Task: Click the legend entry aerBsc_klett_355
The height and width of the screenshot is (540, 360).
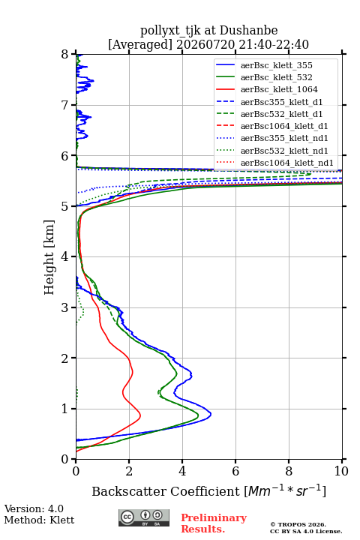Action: (x=276, y=65)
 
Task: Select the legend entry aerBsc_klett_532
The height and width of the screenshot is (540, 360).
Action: (x=276, y=77)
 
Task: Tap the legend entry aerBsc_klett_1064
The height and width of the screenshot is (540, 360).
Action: (x=279, y=89)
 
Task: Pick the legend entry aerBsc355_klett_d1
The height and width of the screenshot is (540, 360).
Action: (x=281, y=102)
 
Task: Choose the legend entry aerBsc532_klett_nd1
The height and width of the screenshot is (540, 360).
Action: (x=284, y=151)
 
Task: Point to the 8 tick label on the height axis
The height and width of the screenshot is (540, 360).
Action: (x=65, y=55)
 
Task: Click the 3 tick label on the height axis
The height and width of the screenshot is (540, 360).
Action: (x=65, y=307)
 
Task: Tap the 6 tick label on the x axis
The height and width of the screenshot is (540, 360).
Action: (x=235, y=471)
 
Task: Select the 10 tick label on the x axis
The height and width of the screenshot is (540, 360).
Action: (x=341, y=471)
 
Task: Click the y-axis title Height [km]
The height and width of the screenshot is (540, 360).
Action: (x=49, y=257)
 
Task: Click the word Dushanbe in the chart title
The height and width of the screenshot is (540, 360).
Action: (x=248, y=31)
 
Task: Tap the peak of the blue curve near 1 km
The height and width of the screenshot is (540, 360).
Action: (x=211, y=414)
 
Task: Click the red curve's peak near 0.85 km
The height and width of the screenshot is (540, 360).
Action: (x=140, y=415)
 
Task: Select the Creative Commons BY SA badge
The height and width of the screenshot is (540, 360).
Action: (x=144, y=518)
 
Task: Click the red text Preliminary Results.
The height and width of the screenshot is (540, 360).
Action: (x=214, y=523)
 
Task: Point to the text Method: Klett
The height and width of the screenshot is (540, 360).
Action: (x=39, y=520)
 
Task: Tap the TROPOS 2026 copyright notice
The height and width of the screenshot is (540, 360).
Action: (x=298, y=525)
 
